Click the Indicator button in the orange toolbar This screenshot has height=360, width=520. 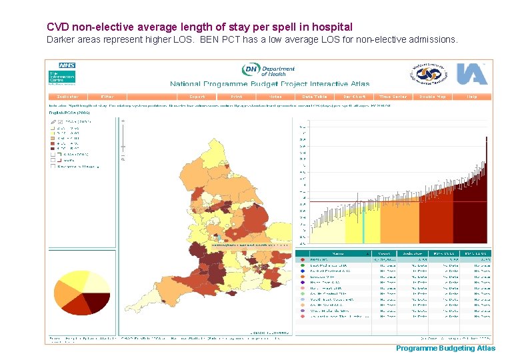click(x=69, y=97)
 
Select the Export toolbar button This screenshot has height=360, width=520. click(x=197, y=97)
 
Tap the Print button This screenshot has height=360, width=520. click(x=236, y=97)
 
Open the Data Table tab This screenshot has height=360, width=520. click(x=315, y=97)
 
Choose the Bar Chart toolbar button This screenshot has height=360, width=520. click(x=353, y=97)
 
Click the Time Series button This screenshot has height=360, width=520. click(x=393, y=97)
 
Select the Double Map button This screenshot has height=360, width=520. click(x=433, y=97)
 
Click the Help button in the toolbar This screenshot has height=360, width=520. click(x=472, y=97)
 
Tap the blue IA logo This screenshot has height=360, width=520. click(x=471, y=73)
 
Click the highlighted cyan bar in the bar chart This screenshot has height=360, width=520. click(x=364, y=223)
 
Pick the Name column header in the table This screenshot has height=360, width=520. click(x=339, y=253)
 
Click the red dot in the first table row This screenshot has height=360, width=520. click(x=303, y=260)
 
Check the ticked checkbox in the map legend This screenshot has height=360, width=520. click(x=59, y=122)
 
